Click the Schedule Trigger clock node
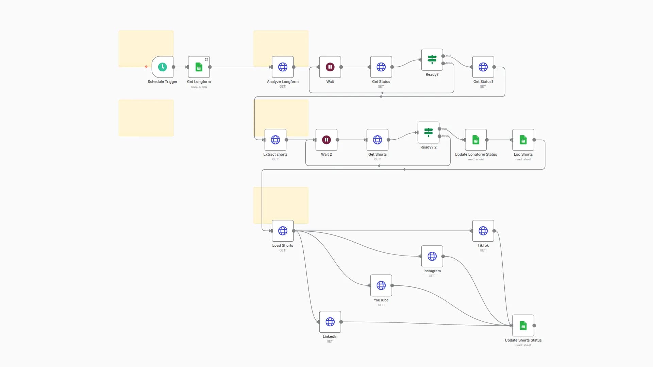click(x=163, y=67)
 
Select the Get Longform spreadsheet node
click(x=199, y=67)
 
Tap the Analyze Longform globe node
click(x=283, y=67)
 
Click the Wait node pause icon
click(x=330, y=67)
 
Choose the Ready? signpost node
click(x=432, y=60)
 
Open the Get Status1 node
click(x=483, y=67)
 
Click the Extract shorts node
click(x=275, y=140)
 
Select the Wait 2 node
click(x=326, y=140)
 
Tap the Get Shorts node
click(x=378, y=140)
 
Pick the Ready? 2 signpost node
click(x=429, y=133)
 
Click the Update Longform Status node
click(x=476, y=140)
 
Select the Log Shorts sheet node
click(x=523, y=140)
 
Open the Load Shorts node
click(x=283, y=231)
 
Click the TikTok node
click(x=483, y=231)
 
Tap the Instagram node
click(x=432, y=256)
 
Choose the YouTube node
click(x=381, y=285)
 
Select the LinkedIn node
click(x=330, y=322)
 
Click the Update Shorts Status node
click(x=523, y=326)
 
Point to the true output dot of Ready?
click(x=443, y=56)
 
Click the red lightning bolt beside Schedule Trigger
click(x=146, y=67)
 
